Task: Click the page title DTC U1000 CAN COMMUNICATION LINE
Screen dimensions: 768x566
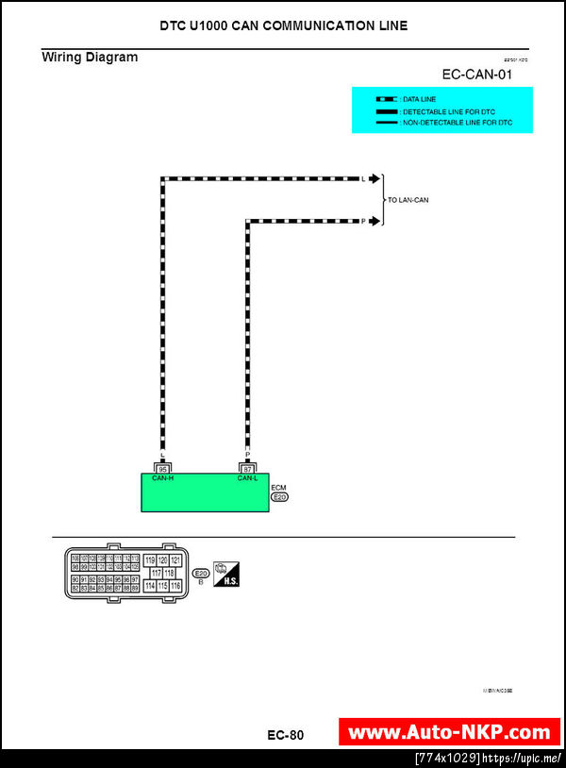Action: tap(284, 25)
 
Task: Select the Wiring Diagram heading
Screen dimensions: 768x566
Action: tap(90, 58)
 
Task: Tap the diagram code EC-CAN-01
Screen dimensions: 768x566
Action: tap(476, 75)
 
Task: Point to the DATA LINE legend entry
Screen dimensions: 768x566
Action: tap(415, 99)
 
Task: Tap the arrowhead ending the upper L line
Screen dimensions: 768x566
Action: tap(375, 178)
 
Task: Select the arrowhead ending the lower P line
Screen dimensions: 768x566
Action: tap(375, 222)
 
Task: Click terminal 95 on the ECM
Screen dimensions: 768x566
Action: tap(163, 468)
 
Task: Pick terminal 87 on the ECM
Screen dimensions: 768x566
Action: tap(248, 468)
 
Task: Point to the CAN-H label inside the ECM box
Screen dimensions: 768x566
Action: tap(163, 478)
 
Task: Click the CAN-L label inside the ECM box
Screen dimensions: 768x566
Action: tap(248, 478)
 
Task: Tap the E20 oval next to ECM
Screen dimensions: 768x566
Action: tap(279, 496)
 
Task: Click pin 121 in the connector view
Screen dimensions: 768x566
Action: tap(175, 560)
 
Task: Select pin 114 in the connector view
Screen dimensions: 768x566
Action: tap(149, 586)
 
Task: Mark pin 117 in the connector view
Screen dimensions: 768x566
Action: tap(156, 573)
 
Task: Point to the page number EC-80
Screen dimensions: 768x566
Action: tap(286, 735)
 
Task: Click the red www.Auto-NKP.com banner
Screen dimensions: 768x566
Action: tap(449, 732)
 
